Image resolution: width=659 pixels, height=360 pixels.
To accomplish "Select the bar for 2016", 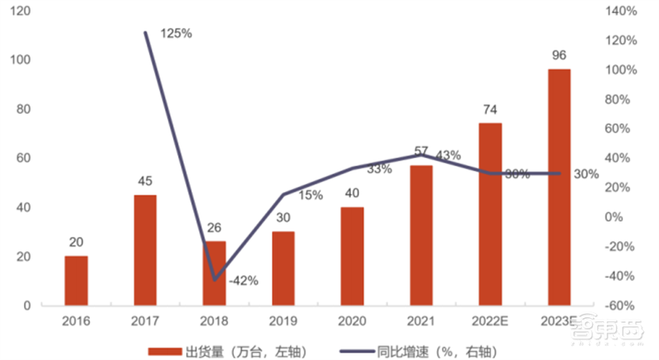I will (x=76, y=281).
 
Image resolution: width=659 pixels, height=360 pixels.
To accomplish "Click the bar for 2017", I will (x=145, y=250).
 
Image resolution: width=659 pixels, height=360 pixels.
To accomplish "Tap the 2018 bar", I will (x=215, y=274).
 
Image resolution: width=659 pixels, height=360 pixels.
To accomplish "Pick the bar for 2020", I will (x=352, y=256).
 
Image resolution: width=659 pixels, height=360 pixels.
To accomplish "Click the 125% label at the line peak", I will (x=175, y=34).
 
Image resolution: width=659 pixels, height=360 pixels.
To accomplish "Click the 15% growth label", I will (x=310, y=195).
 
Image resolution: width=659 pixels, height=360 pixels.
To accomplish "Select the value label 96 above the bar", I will (x=559, y=57).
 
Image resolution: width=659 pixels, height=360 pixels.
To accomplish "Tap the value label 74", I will (x=489, y=111).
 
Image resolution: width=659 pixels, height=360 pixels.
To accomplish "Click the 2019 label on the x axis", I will (x=283, y=320).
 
